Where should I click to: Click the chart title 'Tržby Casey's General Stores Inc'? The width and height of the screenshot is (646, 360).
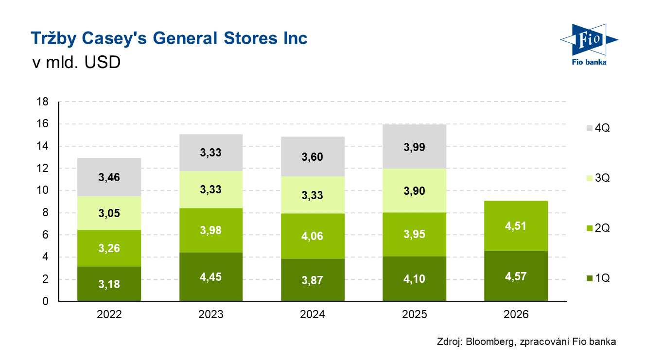169,38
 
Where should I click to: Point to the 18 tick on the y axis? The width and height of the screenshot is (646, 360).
42,102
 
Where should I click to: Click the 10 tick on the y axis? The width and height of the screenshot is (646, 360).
42,190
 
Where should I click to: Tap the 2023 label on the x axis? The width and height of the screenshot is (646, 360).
211,315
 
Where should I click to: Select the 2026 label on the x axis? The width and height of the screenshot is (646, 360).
516,315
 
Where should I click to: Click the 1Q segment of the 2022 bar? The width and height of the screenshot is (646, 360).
109,284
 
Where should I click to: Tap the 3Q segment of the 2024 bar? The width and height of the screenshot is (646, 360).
313,195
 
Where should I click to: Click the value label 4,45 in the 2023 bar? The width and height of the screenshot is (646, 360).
211,276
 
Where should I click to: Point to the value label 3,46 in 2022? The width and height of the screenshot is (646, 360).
109,177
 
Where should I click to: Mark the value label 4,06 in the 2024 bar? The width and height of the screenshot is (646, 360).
313,237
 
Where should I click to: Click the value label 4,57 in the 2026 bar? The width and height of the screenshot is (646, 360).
516,276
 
